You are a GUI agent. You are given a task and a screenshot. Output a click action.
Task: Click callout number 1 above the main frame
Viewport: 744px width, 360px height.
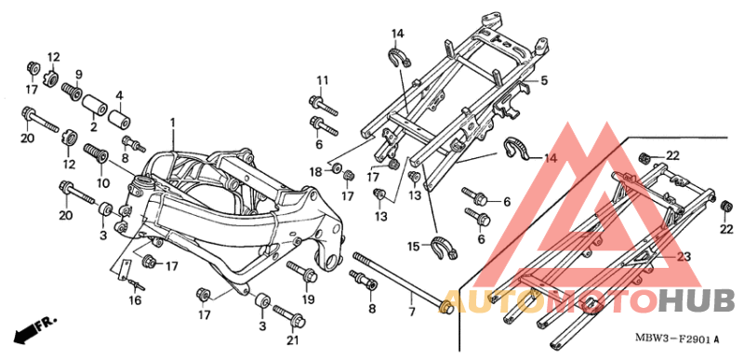click(172, 123)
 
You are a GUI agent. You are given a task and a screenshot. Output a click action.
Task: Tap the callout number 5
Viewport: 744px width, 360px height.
click(544, 80)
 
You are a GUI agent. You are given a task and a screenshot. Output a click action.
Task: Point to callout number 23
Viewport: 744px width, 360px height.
click(684, 256)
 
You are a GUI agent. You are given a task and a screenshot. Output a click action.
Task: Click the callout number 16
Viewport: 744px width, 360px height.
click(135, 300)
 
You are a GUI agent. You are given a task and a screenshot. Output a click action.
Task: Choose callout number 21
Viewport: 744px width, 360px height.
click(294, 341)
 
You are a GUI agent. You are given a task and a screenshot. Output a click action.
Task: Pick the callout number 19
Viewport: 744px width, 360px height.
click(308, 300)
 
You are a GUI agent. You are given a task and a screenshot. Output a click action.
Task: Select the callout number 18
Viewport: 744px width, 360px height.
click(315, 171)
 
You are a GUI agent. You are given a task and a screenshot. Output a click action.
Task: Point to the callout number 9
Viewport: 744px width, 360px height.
click(79, 74)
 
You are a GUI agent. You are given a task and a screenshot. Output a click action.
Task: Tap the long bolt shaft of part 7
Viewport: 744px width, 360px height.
click(400, 280)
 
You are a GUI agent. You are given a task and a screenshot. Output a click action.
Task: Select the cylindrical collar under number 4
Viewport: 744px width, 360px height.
click(118, 121)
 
